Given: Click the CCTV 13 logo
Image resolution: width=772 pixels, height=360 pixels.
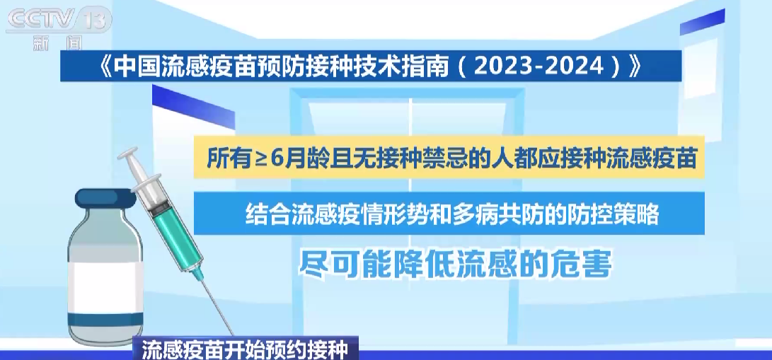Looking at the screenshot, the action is click(59, 21).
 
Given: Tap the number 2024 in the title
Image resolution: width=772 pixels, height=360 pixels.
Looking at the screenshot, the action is click(575, 67).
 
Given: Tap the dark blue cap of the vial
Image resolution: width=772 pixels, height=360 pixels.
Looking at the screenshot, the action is click(105, 200).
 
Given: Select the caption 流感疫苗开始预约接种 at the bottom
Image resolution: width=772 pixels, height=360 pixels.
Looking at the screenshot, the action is click(245, 349).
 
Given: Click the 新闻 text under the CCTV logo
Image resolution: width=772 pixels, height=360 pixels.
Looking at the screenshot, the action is click(57, 43).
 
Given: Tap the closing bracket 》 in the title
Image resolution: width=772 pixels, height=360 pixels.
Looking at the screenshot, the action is click(635, 67).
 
